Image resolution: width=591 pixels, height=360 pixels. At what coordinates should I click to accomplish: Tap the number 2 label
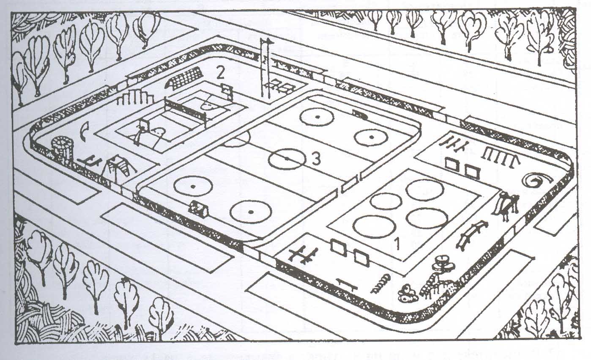click(220, 73)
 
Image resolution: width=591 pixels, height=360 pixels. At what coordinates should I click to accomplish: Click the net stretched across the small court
click(186, 109)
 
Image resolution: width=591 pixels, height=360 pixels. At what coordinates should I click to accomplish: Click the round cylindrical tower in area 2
click(63, 148)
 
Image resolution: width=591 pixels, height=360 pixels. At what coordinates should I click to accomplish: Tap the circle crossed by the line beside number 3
click(287, 159)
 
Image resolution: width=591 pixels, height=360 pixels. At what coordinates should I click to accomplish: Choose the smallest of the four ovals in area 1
click(385, 201)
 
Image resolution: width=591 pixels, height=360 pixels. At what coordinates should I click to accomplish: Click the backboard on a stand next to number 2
click(227, 90)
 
